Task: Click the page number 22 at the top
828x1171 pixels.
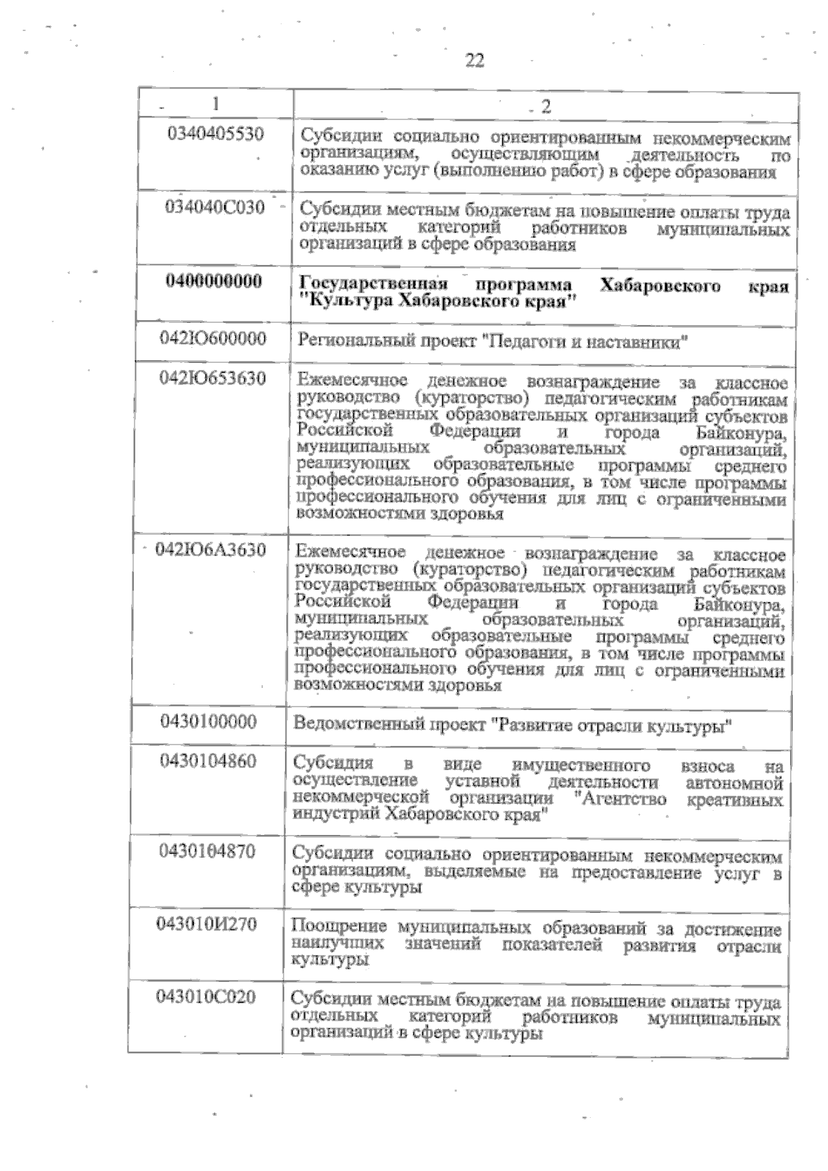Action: coord(475,61)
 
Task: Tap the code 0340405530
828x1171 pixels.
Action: coord(216,133)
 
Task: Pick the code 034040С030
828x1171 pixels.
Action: coord(215,207)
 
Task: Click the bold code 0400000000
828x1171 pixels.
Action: coord(214,281)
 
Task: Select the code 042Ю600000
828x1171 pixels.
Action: coord(213,339)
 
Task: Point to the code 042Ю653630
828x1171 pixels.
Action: coord(213,379)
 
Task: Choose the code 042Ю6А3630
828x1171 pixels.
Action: coord(211,550)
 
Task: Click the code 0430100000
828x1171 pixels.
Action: coord(208,722)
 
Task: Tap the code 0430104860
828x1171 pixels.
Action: coord(208,761)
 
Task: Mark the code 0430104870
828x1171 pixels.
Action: coord(207,852)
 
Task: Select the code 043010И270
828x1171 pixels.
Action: coord(206,925)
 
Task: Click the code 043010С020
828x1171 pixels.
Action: coord(206,997)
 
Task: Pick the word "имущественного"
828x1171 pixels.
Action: coord(582,765)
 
